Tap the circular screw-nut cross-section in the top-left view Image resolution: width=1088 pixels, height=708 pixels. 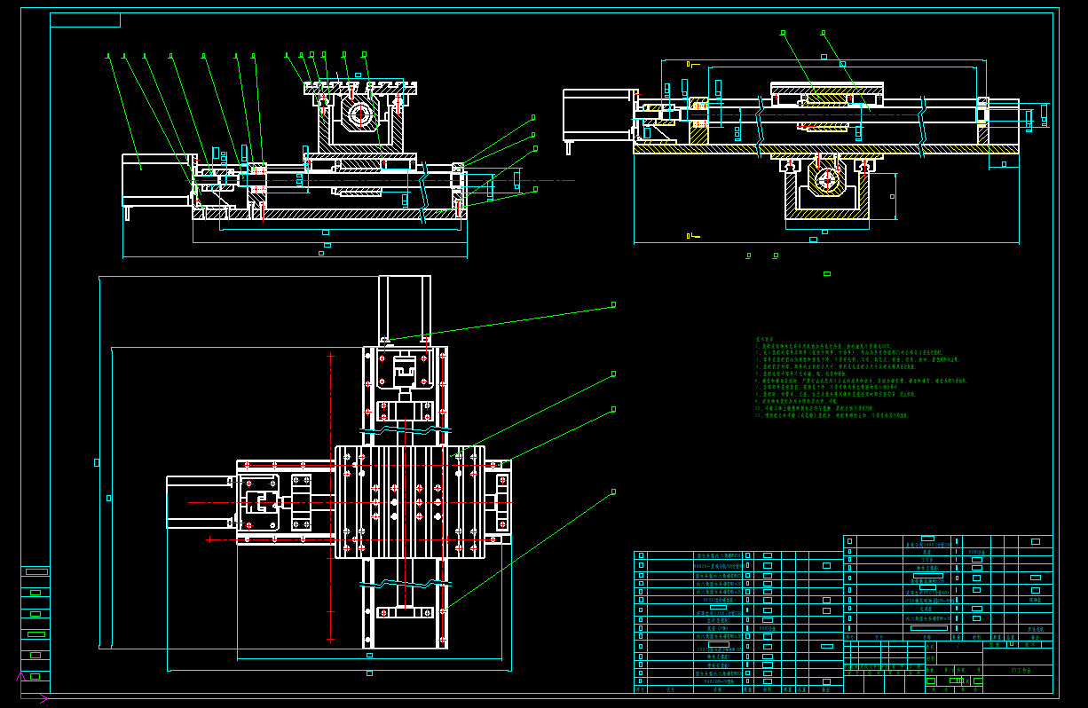tap(359, 114)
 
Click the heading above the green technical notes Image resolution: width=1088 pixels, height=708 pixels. tap(765, 339)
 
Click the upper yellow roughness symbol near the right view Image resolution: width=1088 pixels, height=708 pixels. tap(689, 64)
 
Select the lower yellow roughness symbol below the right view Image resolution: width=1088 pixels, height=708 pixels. tap(689, 236)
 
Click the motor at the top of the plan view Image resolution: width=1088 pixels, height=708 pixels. tap(405, 305)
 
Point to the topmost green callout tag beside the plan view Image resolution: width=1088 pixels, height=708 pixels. tap(613, 304)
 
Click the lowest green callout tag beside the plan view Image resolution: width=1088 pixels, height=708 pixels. tap(613, 491)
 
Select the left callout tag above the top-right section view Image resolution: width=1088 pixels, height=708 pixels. tap(783, 33)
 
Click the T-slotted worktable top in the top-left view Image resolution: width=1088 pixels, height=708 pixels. tap(360, 88)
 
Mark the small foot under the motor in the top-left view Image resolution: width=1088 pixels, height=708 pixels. tap(127, 213)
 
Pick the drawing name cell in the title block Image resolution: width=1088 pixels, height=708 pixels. tap(1018, 671)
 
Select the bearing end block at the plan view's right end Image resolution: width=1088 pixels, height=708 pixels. tap(498, 501)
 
